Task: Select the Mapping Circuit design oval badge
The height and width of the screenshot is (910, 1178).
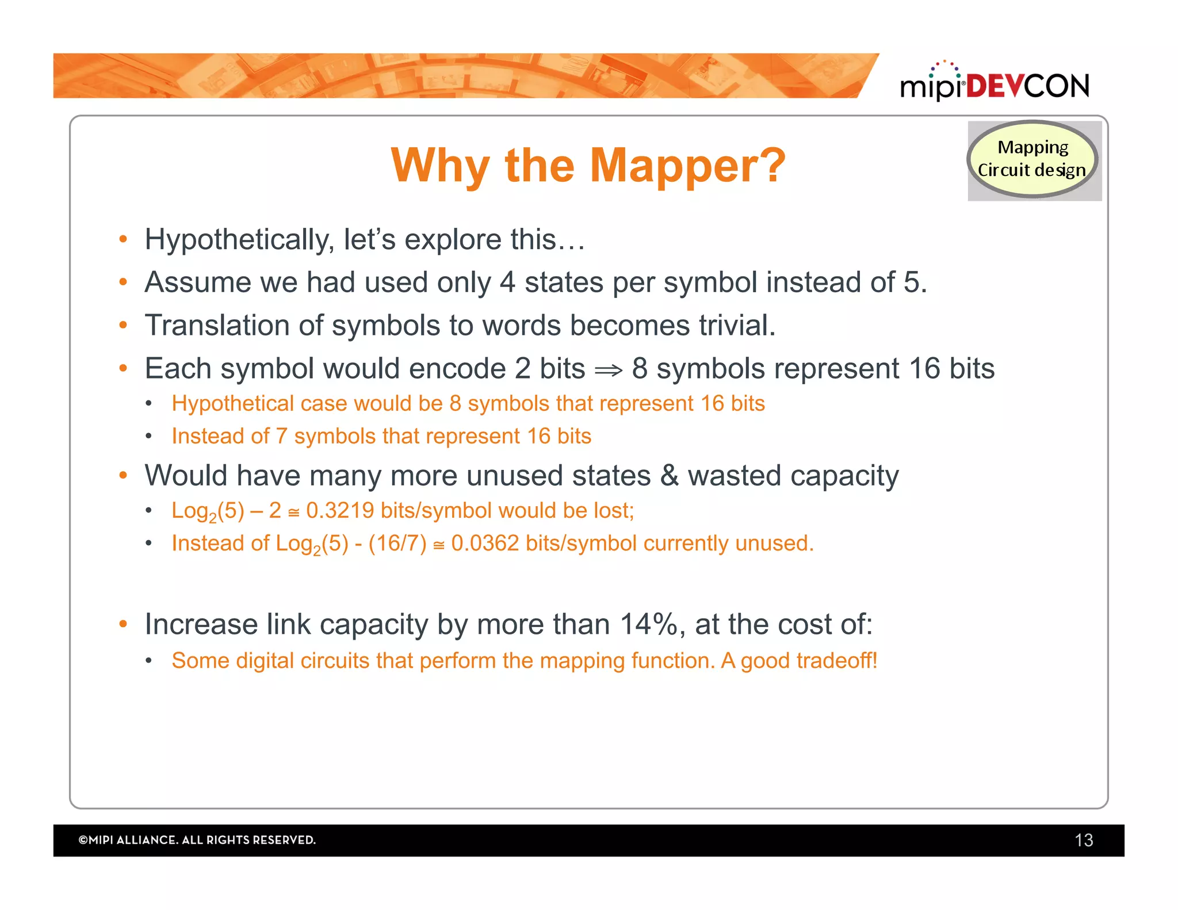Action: click(x=1032, y=159)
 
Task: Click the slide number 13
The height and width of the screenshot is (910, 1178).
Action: click(x=1083, y=840)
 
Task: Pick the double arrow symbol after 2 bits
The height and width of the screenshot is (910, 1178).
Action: click(x=608, y=370)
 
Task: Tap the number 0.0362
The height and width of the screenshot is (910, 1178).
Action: click(x=485, y=544)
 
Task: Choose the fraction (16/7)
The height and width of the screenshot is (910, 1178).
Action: click(x=397, y=544)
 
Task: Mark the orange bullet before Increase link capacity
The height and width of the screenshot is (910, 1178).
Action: click(x=123, y=624)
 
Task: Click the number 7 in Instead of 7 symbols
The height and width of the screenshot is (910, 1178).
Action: click(x=281, y=437)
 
